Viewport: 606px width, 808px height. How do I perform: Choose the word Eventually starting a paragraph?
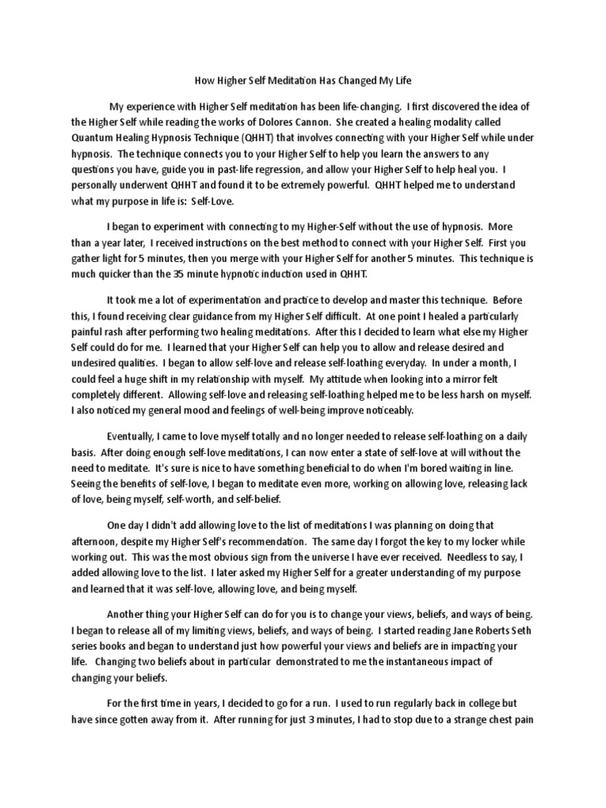[136, 437]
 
